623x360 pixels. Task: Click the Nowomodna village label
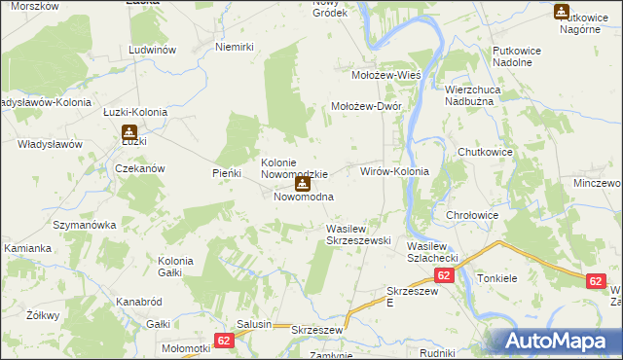(x=304, y=197)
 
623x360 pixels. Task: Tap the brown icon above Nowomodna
(x=303, y=182)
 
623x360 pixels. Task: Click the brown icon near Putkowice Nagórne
(x=562, y=12)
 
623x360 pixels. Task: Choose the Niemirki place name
(x=234, y=47)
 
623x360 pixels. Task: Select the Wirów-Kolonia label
(x=394, y=170)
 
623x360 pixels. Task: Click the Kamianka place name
(x=27, y=248)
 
